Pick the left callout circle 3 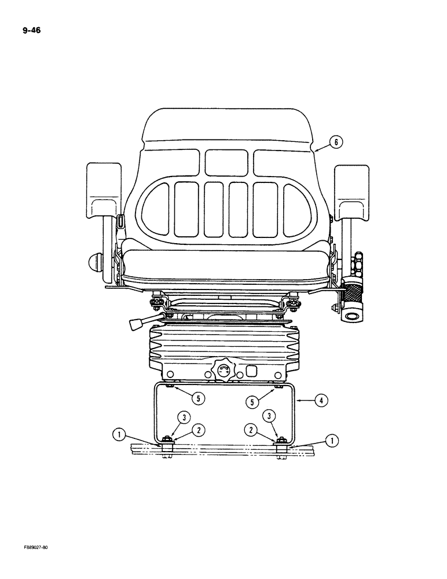click(x=183, y=417)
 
